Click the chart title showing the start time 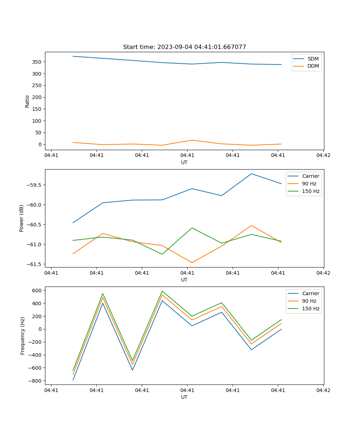[x=184, y=47]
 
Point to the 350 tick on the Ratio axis [x=37, y=62]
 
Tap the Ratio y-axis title [x=27, y=101]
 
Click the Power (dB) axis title [x=22, y=218]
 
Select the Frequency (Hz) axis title [x=23, y=336]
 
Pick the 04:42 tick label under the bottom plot [x=323, y=390]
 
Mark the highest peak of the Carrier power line [x=251, y=174]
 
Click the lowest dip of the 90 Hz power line [x=192, y=262]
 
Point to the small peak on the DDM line [x=192, y=140]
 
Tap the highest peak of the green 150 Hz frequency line [x=162, y=291]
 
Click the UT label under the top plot [x=184, y=162]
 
